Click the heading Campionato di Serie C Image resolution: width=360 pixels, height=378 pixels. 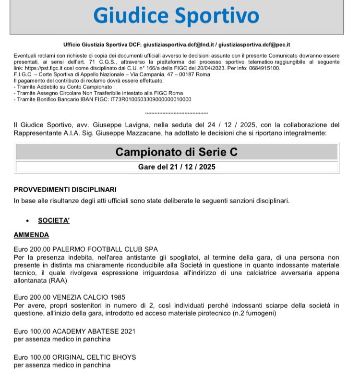point(177,152)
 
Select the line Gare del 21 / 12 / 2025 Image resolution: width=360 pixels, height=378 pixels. point(177,167)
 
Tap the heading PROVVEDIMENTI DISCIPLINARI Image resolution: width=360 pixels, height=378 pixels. point(65,190)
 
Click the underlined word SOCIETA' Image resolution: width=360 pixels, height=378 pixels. point(54,220)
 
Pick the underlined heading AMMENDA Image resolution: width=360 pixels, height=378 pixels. point(31,235)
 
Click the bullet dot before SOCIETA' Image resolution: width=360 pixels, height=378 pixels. point(28,221)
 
